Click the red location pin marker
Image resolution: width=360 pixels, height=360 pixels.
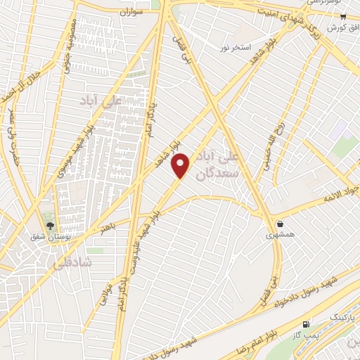point(181,165)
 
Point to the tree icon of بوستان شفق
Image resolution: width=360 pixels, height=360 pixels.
point(49,226)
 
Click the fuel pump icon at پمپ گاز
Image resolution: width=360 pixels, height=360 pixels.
point(307,325)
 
